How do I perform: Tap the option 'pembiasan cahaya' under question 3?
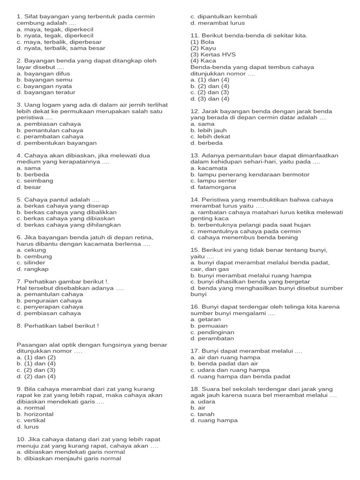tap(49, 124)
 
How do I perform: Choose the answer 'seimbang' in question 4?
tap(35, 181)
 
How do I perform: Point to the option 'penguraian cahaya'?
tap(49, 301)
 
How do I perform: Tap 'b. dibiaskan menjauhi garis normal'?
tap(68, 458)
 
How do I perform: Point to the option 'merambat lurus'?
tap(217, 23)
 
